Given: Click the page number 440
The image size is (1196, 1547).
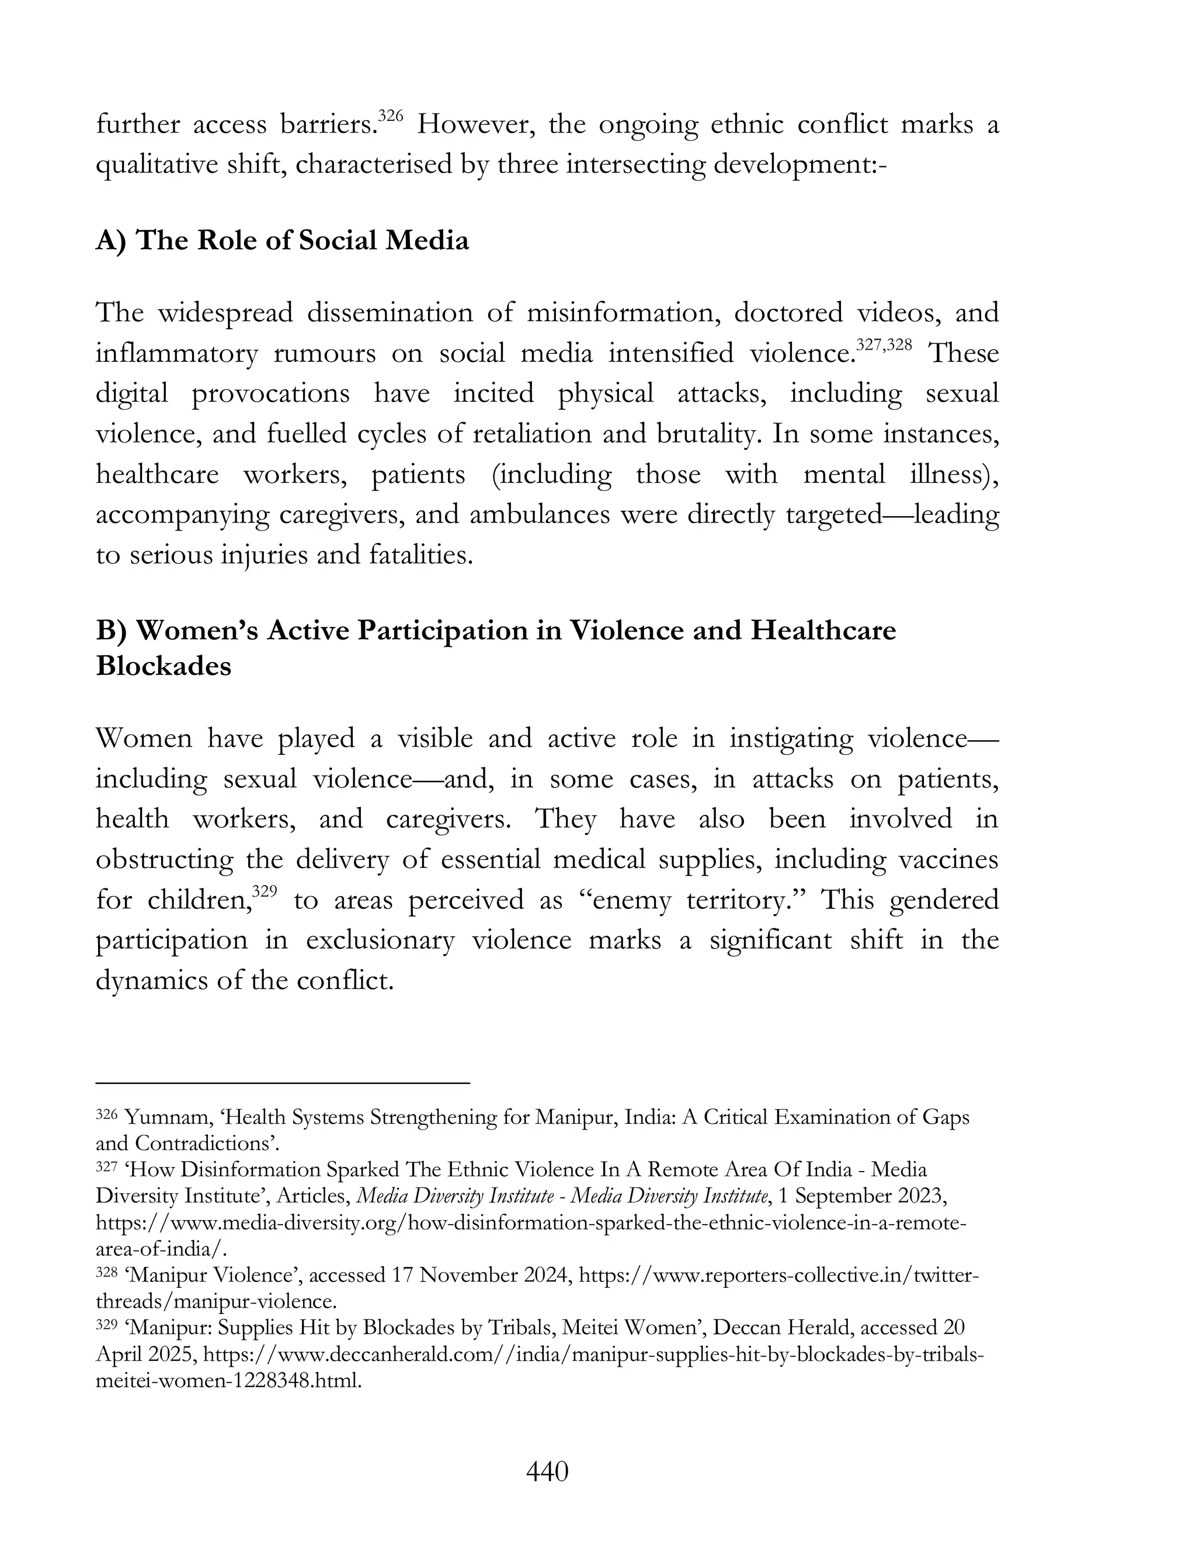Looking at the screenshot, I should coord(547,1472).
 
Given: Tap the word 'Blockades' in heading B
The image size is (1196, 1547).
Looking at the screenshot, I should coord(164,667).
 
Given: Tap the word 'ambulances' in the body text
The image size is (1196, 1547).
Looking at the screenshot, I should coord(539,514).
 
